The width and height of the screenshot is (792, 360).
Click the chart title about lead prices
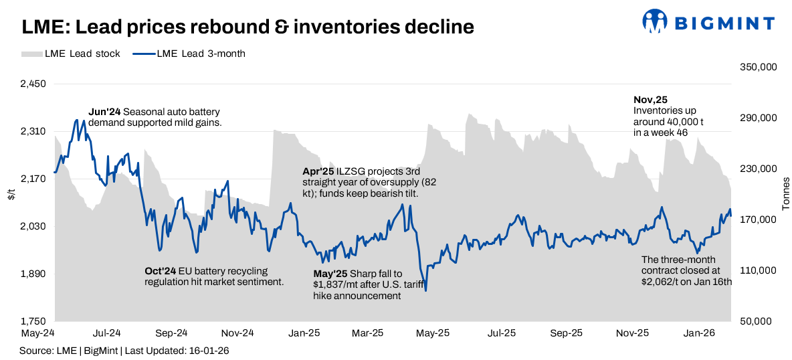pyautogui.click(x=248, y=27)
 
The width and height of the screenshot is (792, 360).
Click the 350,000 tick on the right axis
pyautogui.click(x=758, y=68)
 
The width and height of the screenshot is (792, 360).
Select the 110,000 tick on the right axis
pyautogui.click(x=758, y=270)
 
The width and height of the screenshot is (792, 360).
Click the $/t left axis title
pyautogui.click(x=11, y=195)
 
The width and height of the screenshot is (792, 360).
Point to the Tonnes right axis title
pyautogui.click(x=786, y=194)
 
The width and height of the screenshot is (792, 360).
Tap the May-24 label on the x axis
pyautogui.click(x=38, y=333)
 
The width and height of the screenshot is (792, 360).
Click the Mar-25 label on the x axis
pyautogui.click(x=368, y=333)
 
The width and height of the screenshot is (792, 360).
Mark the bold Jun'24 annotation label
pyautogui.click(x=104, y=112)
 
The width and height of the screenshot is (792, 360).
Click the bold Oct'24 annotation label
pyautogui.click(x=160, y=271)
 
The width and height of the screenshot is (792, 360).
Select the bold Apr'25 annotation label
pyautogui.click(x=318, y=171)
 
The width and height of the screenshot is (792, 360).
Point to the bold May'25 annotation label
pyautogui.click(x=329, y=274)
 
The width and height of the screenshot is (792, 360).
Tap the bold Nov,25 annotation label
pyautogui.click(x=650, y=99)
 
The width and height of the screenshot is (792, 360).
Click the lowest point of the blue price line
pyautogui.click(x=426, y=290)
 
